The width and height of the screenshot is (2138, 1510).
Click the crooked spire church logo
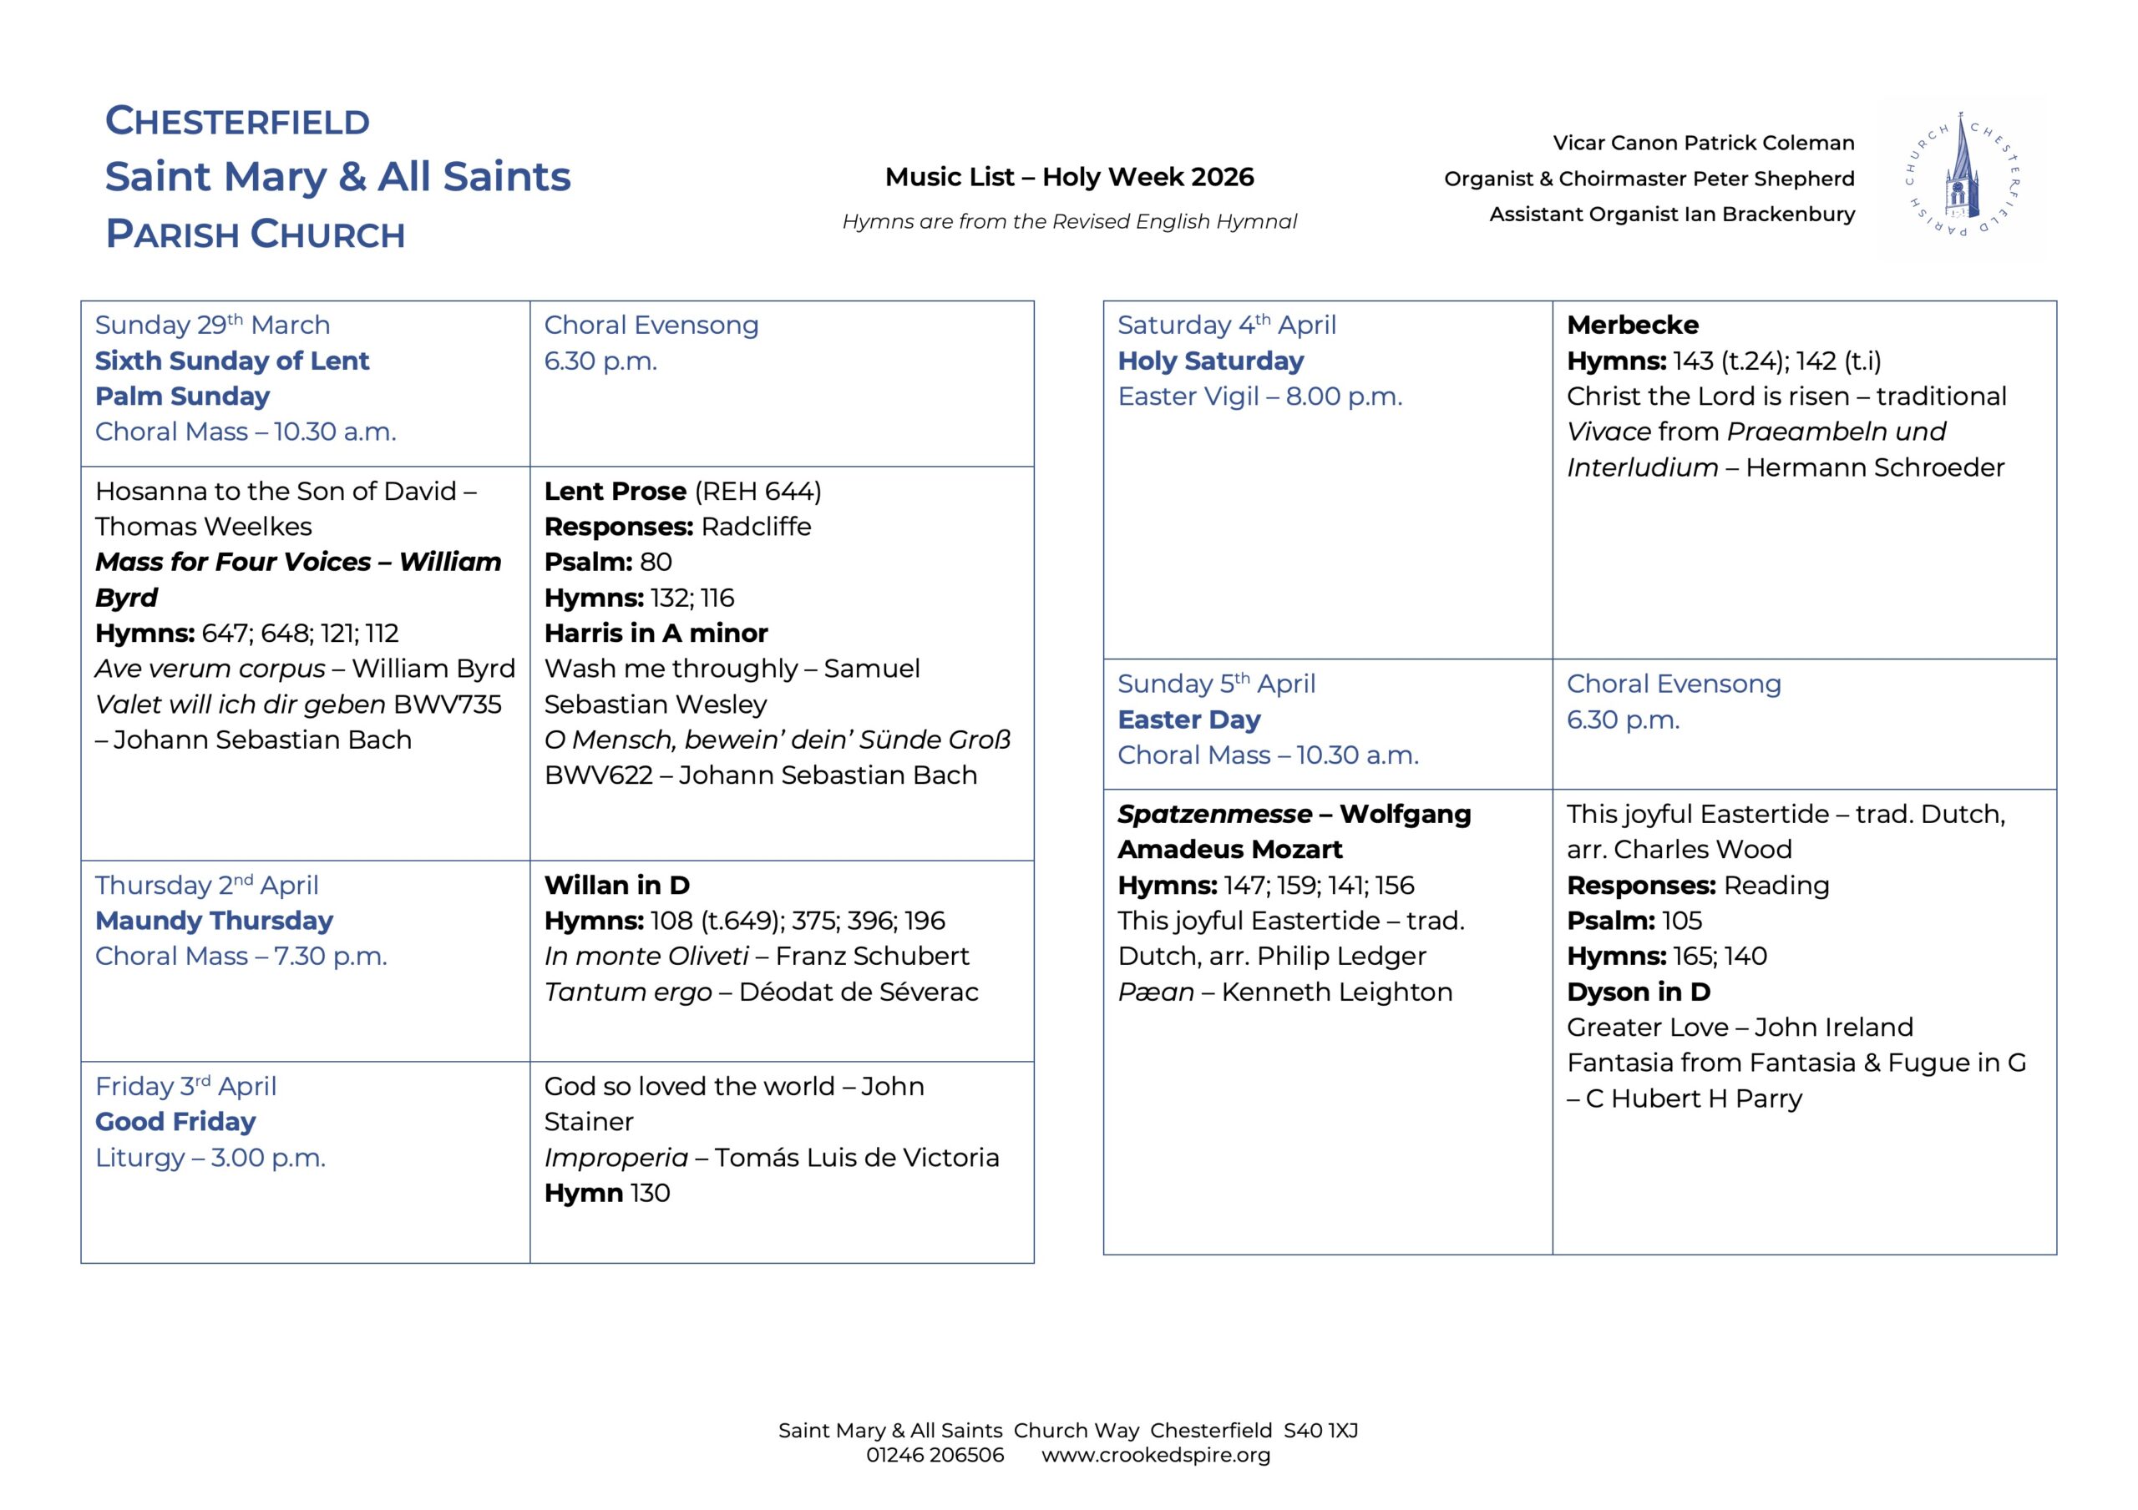[x=1961, y=177]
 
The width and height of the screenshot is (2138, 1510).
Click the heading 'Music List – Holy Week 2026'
[x=1069, y=177]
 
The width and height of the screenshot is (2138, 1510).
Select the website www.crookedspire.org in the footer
[x=1155, y=1455]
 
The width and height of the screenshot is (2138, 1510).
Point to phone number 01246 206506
[x=935, y=1455]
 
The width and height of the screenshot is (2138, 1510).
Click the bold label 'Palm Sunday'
[x=183, y=396]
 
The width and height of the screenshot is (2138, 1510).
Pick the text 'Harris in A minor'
[x=656, y=633]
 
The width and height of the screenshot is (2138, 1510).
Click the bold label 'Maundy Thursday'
[x=214, y=921]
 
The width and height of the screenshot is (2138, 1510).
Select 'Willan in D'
[x=616, y=886]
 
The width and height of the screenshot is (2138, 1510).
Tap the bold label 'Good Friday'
[x=175, y=1122]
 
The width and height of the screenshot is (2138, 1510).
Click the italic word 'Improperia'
[x=616, y=1158]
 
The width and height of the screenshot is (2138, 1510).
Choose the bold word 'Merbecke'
[x=1633, y=325]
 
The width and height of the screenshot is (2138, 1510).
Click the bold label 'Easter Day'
[x=1188, y=720]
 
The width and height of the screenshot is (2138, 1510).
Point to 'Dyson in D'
[x=1638, y=992]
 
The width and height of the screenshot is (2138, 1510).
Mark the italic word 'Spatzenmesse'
[x=1214, y=815]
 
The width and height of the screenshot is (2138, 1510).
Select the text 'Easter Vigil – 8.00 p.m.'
[x=1259, y=396]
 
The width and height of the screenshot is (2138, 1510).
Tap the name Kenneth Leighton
[x=1336, y=992]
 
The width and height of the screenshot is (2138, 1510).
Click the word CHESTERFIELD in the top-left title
[x=237, y=121]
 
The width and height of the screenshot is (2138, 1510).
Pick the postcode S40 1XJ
[x=1320, y=1431]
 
